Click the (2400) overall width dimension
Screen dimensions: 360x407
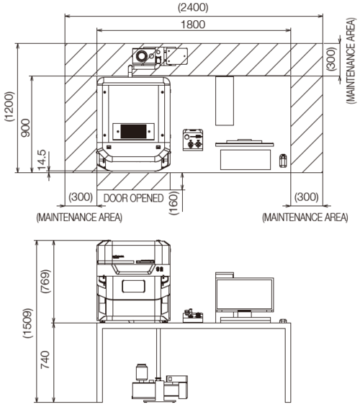tap(193, 7)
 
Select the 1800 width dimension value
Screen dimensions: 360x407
tap(193, 24)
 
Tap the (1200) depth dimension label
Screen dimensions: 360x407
tap(9, 107)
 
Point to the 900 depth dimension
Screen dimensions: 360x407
tap(26, 128)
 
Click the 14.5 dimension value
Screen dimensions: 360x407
tap(42, 160)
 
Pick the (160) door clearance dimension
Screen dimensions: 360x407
tap(174, 203)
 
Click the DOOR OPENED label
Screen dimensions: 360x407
tap(133, 198)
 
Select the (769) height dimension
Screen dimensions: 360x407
tap(45, 282)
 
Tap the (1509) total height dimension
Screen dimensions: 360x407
tap(28, 323)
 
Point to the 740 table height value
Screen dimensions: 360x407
tap(45, 359)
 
